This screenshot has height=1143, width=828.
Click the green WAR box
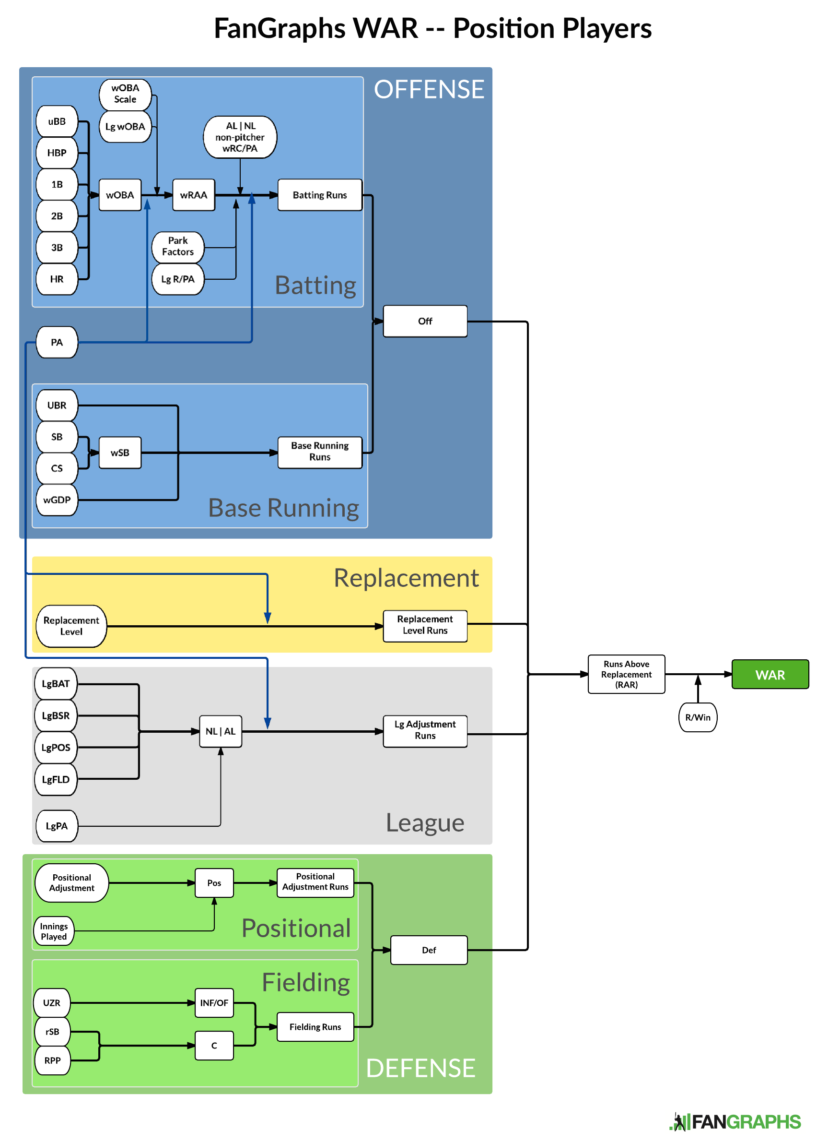point(770,674)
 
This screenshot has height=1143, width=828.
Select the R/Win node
point(698,717)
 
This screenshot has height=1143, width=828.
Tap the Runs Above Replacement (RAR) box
point(626,674)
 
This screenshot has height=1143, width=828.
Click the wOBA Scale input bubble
point(125,94)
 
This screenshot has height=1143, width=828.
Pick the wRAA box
point(193,195)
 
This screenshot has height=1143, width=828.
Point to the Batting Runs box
point(320,195)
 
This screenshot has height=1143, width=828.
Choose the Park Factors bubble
point(178,247)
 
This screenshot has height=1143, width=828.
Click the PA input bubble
point(57,342)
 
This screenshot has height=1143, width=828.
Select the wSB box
point(120,452)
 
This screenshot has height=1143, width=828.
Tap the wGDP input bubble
point(57,500)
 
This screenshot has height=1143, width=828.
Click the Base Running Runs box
point(320,452)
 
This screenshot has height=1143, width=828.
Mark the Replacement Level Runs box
point(425,625)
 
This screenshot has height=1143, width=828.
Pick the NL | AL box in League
point(221,731)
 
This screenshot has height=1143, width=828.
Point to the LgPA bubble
point(57,826)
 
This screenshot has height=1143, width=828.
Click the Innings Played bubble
point(54,931)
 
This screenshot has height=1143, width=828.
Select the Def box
point(429,950)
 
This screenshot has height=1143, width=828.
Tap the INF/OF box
point(214,1003)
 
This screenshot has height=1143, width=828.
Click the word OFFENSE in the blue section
point(429,90)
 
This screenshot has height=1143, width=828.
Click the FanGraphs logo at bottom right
point(735,1122)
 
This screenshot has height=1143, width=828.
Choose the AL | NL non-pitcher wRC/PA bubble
point(240,137)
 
